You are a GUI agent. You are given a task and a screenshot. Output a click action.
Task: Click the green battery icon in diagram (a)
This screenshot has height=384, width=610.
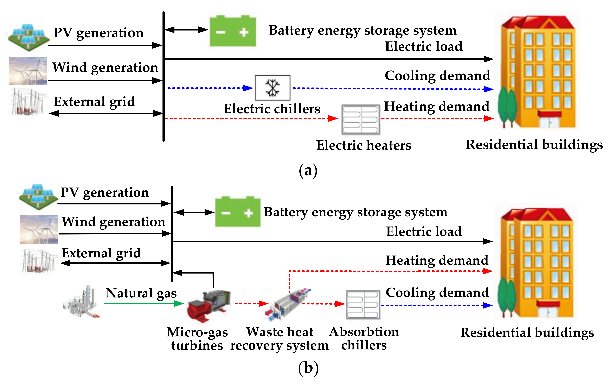[233, 31]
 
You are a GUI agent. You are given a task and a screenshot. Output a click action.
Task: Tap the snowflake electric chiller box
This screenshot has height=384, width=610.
[273, 88]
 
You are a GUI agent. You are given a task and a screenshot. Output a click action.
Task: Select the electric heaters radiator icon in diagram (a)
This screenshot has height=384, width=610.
[360, 120]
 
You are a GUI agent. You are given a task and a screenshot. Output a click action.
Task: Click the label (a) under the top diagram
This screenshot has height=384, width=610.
[308, 170]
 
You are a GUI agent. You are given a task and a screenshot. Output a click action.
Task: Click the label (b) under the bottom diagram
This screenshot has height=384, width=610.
[308, 368]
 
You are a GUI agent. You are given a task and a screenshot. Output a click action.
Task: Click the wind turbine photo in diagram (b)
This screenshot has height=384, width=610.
[39, 230]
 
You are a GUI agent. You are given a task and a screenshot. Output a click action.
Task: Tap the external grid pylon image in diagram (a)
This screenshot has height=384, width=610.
[28, 102]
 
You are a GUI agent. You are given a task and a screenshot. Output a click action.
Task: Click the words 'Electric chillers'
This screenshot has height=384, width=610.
[272, 109]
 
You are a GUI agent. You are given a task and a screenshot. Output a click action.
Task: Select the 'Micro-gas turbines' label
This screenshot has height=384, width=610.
[197, 339]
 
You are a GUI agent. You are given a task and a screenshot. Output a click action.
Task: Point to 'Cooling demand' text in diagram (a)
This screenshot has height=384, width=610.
[437, 76]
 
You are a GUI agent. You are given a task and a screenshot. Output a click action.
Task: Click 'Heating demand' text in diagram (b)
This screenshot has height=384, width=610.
[437, 260]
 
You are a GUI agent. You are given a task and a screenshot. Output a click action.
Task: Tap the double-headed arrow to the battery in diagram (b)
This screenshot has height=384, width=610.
[194, 212]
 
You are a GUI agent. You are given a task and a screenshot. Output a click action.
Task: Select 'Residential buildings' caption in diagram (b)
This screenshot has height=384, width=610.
[527, 332]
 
